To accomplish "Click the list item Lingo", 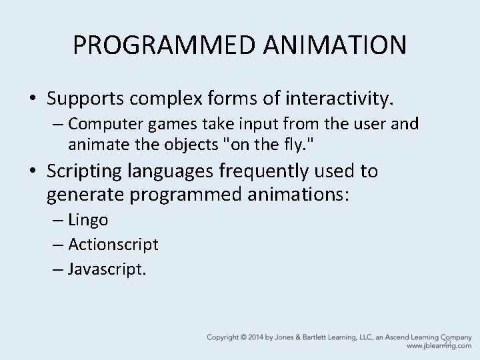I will pos(89,220).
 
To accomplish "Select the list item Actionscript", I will pos(113,245).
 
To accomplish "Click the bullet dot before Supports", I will pos(33,99).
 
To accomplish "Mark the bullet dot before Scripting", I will pos(33,172).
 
